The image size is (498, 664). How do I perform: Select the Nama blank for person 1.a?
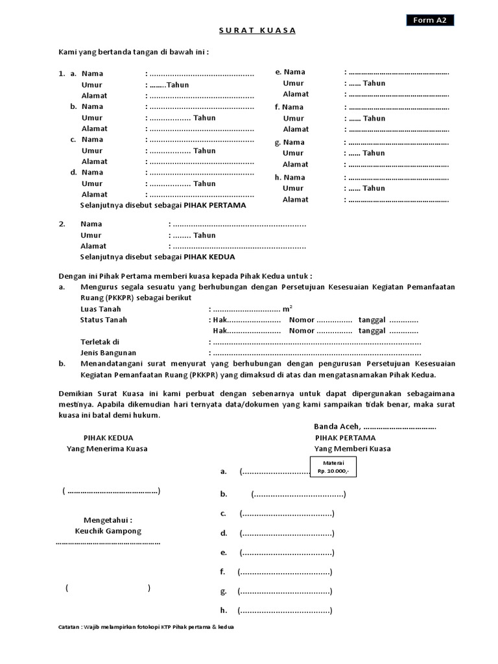pos(202,74)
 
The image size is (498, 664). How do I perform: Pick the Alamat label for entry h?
pos(295,200)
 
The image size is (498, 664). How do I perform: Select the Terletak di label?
pos(100,342)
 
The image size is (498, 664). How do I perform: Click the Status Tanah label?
pos(103,320)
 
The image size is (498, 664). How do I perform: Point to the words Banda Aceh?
pos(337,427)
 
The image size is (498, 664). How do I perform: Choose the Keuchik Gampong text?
pos(108,530)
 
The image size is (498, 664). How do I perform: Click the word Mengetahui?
pos(108,520)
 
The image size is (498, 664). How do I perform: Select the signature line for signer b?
pos(298,495)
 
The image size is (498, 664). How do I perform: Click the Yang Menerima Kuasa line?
pos(107,449)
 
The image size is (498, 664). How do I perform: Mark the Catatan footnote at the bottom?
pos(146,628)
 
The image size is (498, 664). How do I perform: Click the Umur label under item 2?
pos(91,235)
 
